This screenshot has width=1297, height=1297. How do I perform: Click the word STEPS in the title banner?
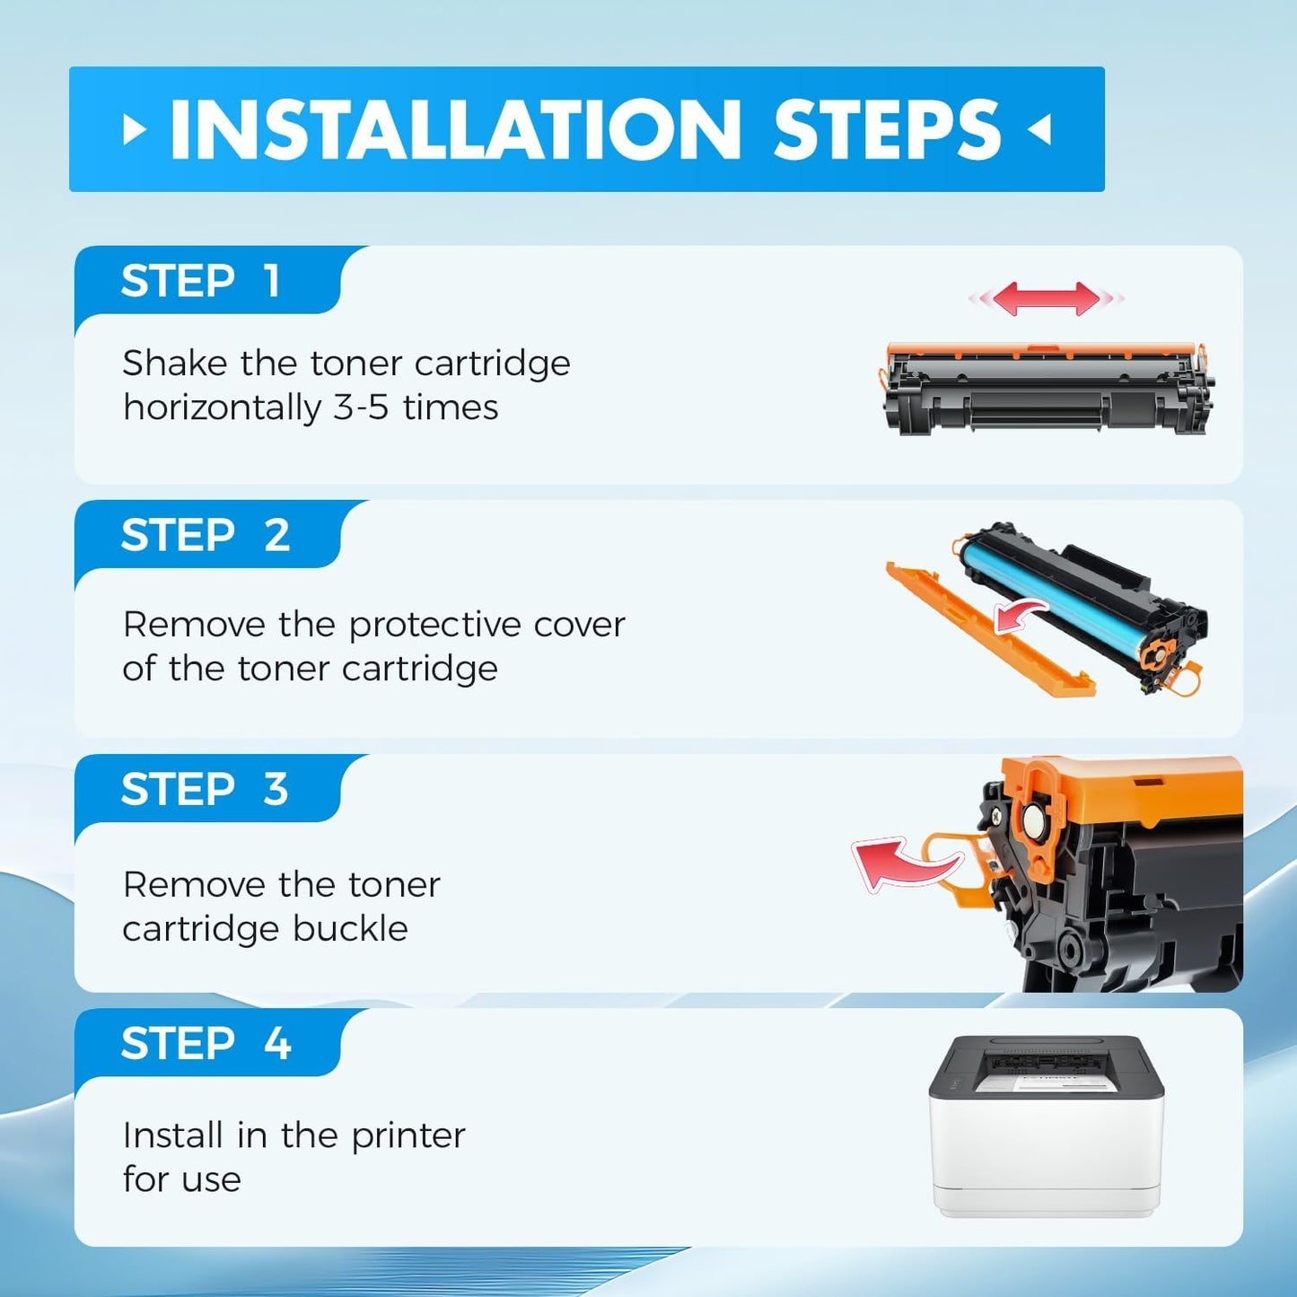(887, 128)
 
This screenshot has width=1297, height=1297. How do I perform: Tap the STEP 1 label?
(200, 281)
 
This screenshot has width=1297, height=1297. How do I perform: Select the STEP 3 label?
(205, 789)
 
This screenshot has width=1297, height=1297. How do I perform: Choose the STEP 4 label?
(206, 1043)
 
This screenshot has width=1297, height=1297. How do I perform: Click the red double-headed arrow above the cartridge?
(1046, 298)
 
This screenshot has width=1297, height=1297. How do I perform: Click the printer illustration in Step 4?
(1046, 1126)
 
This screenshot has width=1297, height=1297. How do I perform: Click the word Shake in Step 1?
(175, 364)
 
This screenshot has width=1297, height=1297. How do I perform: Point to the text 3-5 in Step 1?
(361, 408)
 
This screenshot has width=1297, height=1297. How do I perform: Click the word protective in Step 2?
(434, 626)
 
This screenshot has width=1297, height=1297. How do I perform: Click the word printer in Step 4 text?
(408, 1136)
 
